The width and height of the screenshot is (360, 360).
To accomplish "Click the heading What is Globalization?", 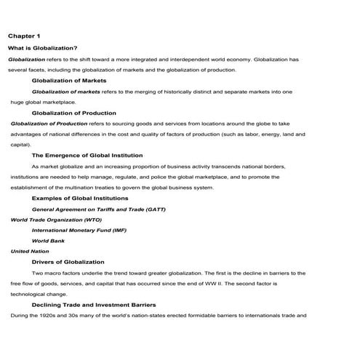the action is tap(42, 47).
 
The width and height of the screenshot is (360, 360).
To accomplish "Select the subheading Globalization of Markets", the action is tap(69, 81).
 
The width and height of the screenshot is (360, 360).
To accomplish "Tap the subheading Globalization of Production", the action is tap(73, 113).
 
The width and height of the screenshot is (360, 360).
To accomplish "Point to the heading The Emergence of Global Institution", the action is tap(87, 155).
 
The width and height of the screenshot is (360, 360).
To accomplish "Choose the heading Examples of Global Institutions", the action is tap(81, 198).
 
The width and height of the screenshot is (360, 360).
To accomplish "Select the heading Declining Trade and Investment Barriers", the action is tap(94, 304).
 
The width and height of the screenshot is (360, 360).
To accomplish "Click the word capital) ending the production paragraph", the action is tap(20, 145).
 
